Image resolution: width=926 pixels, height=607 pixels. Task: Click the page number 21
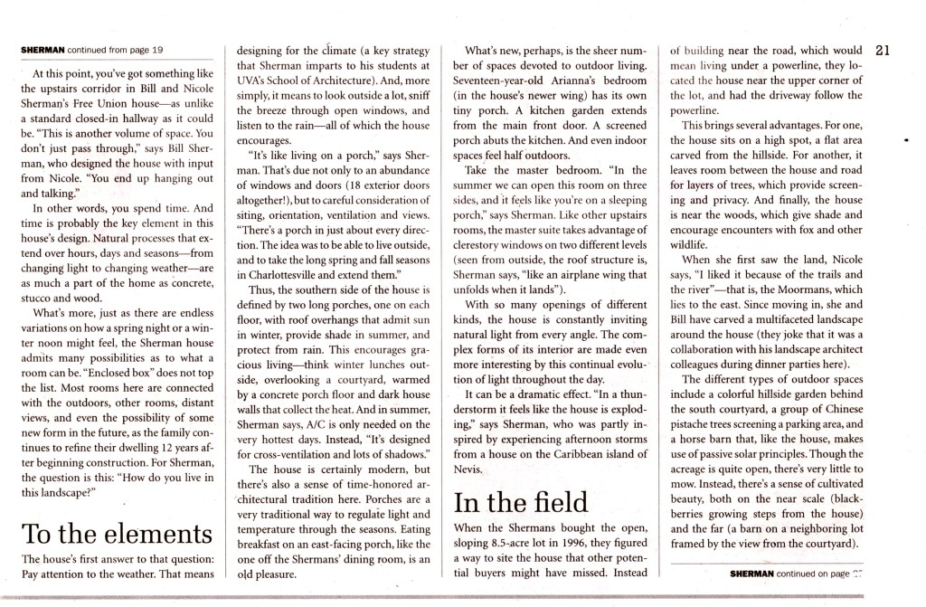point(884,50)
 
